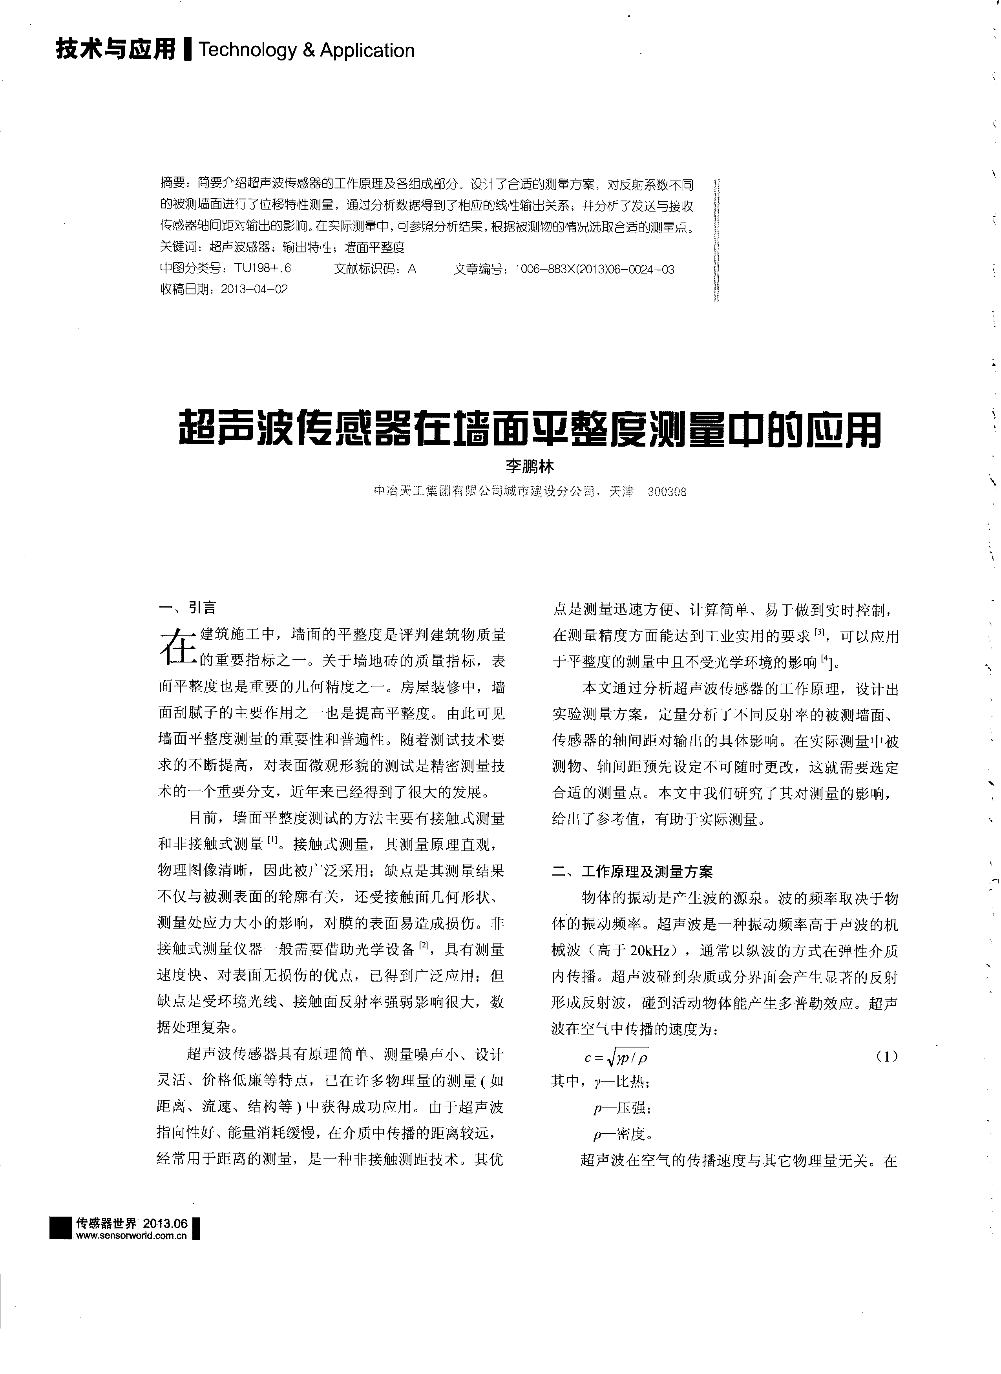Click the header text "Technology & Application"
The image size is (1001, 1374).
[306, 50]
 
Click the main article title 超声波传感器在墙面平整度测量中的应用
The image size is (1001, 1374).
[529, 430]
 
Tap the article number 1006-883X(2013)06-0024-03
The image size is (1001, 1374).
[594, 269]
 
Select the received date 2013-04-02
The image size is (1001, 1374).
[254, 289]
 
